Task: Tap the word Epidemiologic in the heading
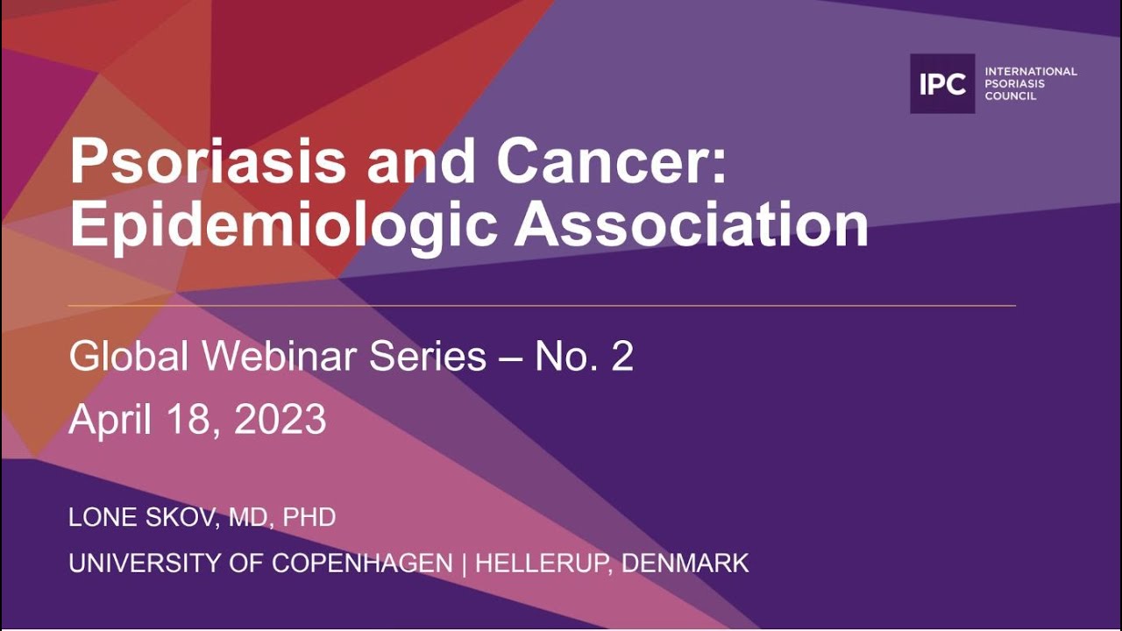(x=282, y=227)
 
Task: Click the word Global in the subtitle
(x=129, y=357)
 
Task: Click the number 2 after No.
(x=621, y=357)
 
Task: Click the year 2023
(x=280, y=421)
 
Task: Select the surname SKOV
(x=181, y=517)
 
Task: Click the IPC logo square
(x=942, y=84)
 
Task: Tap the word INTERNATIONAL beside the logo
(x=1031, y=71)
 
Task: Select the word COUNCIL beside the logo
(x=1011, y=96)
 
